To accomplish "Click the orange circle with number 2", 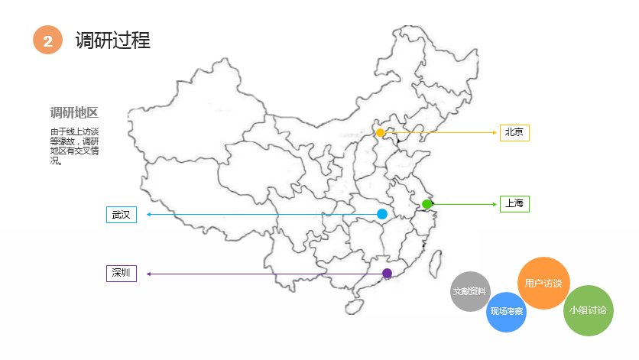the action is click(x=47, y=41).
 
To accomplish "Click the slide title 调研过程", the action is click(x=113, y=40).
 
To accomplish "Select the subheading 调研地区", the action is click(x=74, y=113).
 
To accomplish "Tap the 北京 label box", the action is click(x=514, y=133).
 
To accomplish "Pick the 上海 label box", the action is click(x=514, y=204).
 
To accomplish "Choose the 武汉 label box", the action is click(x=121, y=215).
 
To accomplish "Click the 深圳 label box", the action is click(x=121, y=273).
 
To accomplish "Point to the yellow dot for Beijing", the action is click(x=381, y=133).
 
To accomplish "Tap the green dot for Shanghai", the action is click(x=427, y=204).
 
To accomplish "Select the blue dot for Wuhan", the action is click(x=382, y=214).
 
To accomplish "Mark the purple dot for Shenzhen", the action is click(x=387, y=273).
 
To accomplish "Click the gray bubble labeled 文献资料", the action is click(x=470, y=291).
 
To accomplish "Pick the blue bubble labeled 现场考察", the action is click(x=507, y=312).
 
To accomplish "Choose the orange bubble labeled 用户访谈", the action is click(x=543, y=284).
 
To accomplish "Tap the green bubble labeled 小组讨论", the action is click(x=588, y=310).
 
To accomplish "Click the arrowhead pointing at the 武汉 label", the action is click(x=148, y=215).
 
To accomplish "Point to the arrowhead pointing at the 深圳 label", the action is click(x=148, y=274).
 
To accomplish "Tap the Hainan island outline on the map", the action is click(x=353, y=306).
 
